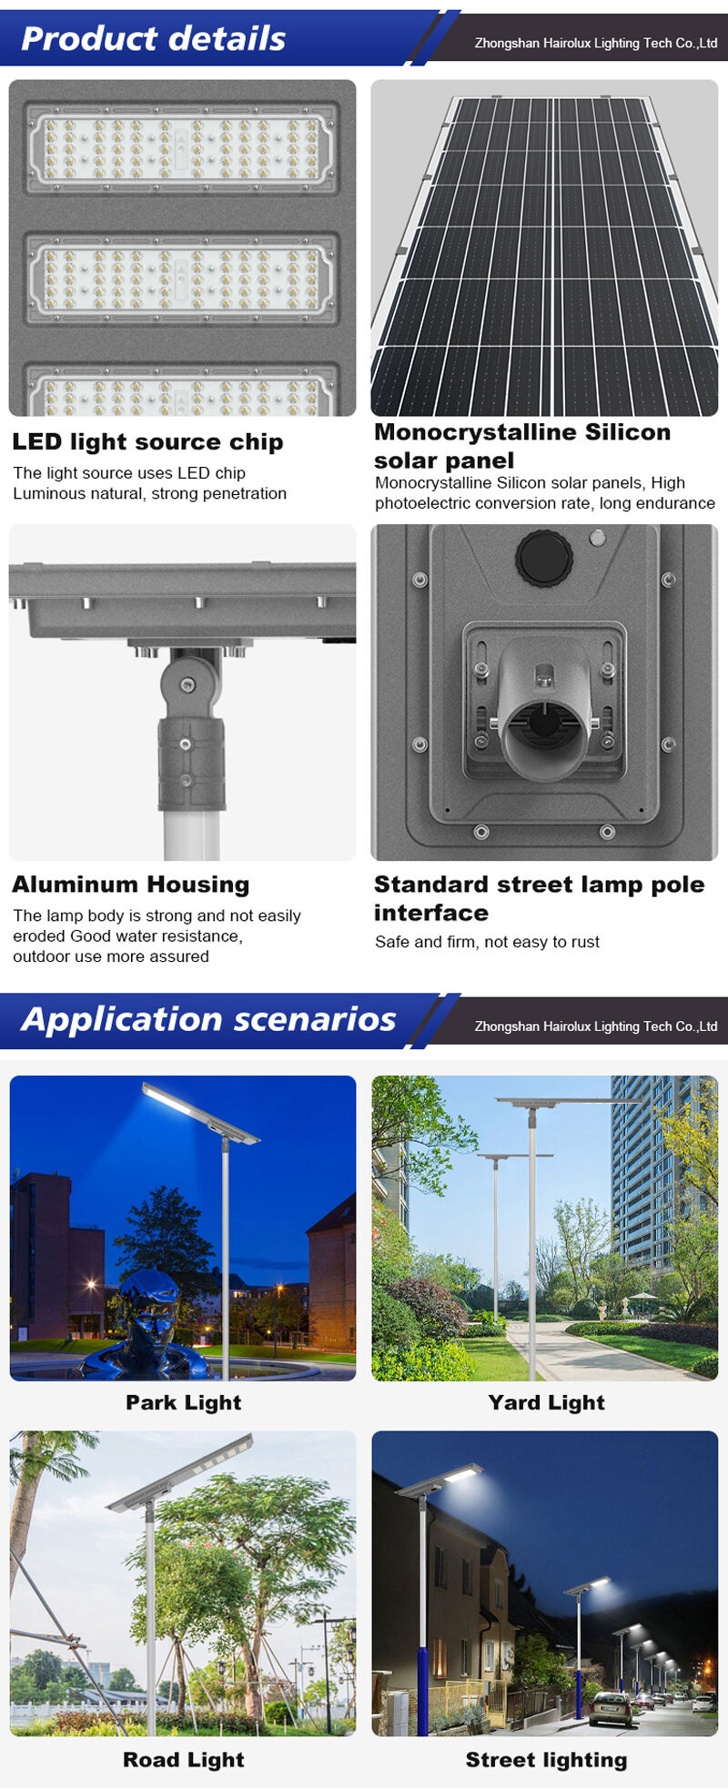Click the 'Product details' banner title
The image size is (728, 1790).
click(153, 38)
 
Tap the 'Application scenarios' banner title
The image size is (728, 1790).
click(208, 1020)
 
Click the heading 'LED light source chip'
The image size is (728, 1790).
click(147, 442)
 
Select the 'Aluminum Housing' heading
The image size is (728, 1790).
click(130, 885)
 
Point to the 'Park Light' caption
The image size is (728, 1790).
click(184, 1402)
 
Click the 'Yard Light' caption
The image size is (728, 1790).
click(546, 1402)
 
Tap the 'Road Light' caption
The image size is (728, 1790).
click(184, 1760)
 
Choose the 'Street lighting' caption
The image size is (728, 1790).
click(546, 1760)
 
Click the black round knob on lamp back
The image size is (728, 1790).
click(544, 555)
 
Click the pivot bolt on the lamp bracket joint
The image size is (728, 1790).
click(188, 684)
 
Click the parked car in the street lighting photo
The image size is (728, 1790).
click(609, 1709)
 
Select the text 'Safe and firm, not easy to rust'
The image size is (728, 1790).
click(487, 942)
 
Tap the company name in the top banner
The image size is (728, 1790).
click(596, 43)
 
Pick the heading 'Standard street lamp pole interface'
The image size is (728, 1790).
click(540, 898)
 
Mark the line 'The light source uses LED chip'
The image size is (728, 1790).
click(129, 473)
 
